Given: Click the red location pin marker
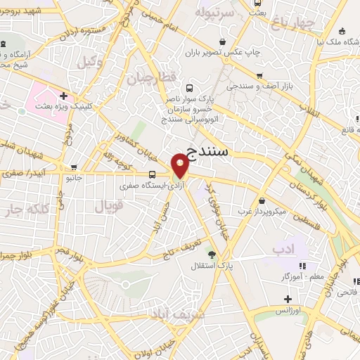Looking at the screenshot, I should tap(181, 166).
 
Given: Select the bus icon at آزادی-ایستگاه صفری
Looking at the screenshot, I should tap(153, 175).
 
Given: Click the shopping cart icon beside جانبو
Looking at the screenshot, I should tap(74, 167).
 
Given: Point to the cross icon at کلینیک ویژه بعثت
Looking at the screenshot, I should tap(64, 96).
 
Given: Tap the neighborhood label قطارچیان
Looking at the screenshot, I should tap(150, 77).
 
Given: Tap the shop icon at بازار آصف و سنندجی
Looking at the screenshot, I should tap(259, 76).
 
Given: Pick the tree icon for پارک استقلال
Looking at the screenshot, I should tap(211, 254).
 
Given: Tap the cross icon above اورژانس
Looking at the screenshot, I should tap(288, 299).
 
